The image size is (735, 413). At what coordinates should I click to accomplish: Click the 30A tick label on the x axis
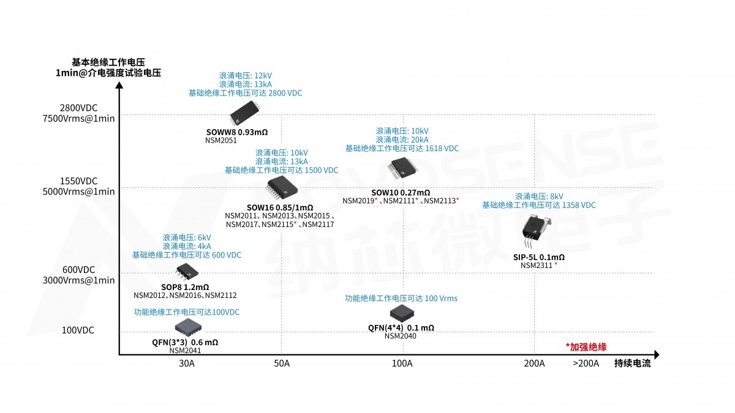[x=187, y=363]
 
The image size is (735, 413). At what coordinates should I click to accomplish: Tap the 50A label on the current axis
[x=282, y=363]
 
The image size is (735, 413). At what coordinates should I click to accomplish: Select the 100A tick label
[x=402, y=363]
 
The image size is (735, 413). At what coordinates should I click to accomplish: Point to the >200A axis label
[x=586, y=363]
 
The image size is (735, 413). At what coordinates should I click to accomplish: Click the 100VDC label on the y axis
[x=78, y=330]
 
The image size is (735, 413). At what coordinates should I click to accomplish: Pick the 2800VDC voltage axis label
[x=79, y=108]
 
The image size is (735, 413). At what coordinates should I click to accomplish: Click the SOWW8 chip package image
[x=245, y=113]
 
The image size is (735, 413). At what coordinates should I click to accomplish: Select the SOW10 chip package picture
[x=402, y=168]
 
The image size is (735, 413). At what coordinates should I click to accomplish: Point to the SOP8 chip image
[x=187, y=272]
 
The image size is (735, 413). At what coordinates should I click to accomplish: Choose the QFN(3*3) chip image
[x=188, y=327]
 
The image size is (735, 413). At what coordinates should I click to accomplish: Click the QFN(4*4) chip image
[x=402, y=313]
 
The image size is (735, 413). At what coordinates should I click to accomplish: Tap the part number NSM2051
[x=221, y=140]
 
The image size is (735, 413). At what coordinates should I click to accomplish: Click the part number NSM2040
[x=401, y=336]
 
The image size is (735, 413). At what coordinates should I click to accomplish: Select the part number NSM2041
[x=185, y=351]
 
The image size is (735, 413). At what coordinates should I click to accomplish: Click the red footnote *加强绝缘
[x=586, y=347]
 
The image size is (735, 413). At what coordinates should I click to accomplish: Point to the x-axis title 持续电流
[x=632, y=363]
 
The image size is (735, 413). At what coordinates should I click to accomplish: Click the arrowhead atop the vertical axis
[x=119, y=85]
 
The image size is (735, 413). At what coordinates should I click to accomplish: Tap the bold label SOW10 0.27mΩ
[x=401, y=192]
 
